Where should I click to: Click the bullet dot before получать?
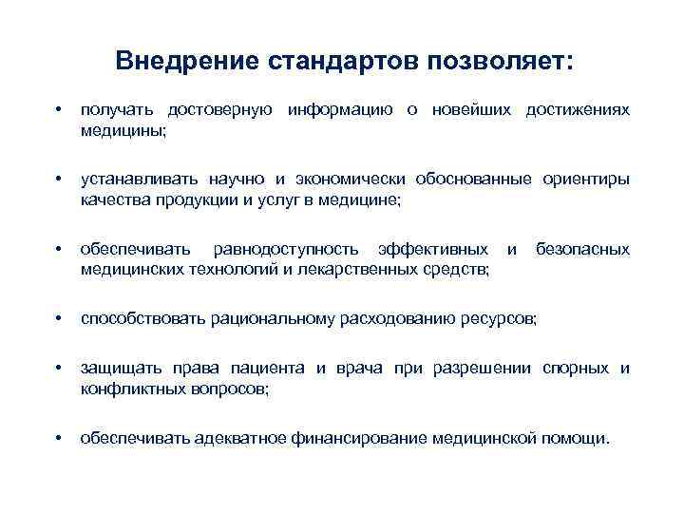tap(60, 111)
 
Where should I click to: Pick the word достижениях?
tap(576, 110)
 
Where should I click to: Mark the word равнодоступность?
tap(286, 249)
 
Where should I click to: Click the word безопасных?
tap(582, 249)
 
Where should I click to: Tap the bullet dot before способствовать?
tap(60, 318)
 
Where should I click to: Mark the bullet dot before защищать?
tap(60, 369)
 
